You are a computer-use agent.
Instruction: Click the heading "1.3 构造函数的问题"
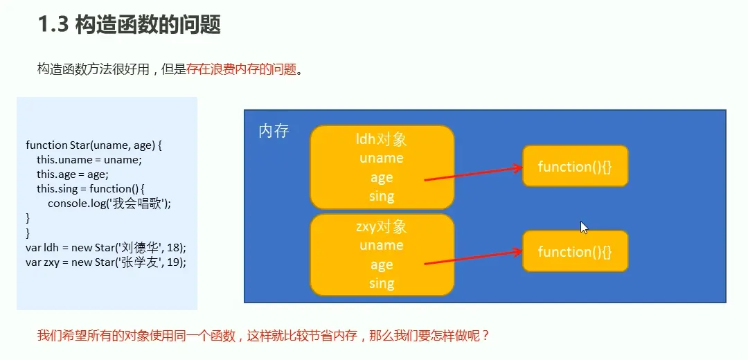click(x=129, y=24)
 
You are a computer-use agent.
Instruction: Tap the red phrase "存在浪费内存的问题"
click(x=241, y=69)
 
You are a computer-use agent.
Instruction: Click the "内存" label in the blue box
click(x=274, y=131)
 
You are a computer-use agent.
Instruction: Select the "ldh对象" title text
click(x=381, y=139)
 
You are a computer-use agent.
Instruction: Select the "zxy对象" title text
click(x=381, y=226)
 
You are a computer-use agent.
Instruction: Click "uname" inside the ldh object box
click(x=381, y=158)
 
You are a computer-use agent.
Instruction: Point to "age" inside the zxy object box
click(x=381, y=264)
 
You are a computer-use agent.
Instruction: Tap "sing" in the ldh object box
click(x=381, y=196)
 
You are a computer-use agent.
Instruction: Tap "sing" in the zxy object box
click(x=381, y=283)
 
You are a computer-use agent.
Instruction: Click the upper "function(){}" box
click(x=575, y=166)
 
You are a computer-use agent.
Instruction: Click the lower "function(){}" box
click(x=575, y=251)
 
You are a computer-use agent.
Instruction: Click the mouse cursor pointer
click(x=583, y=226)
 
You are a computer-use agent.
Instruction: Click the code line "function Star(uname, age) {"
click(x=93, y=145)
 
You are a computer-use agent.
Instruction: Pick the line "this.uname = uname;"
click(x=89, y=160)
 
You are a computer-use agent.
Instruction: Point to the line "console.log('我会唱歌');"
click(x=109, y=203)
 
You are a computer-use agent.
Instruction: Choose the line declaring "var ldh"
click(x=106, y=247)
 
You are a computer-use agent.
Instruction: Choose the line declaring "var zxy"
click(x=106, y=262)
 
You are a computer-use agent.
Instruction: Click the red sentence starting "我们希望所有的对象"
click(x=263, y=336)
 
